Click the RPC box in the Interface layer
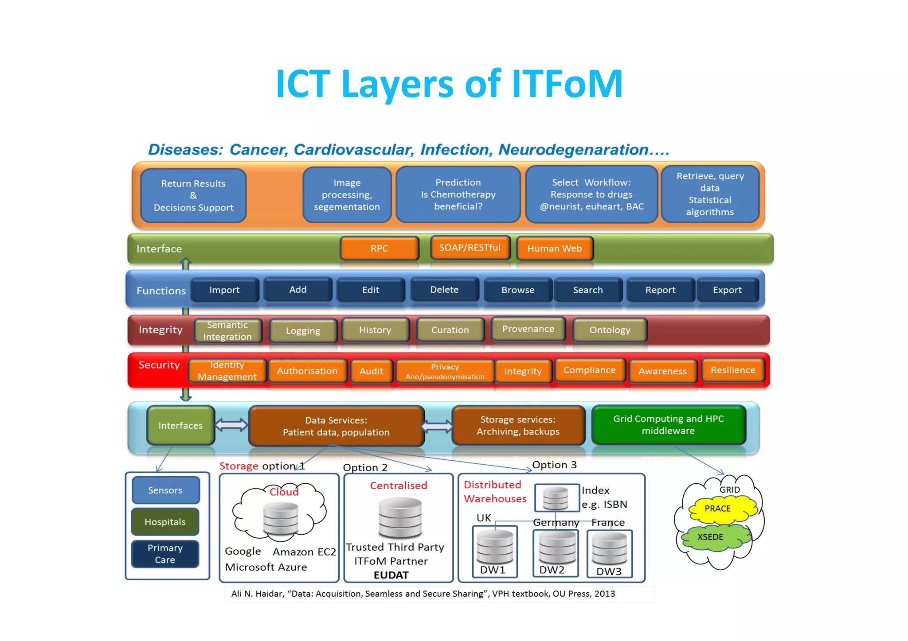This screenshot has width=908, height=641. point(380,248)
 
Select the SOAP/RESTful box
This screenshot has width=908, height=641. point(470,248)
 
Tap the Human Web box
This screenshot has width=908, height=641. point(554,249)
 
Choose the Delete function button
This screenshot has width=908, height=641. point(444,290)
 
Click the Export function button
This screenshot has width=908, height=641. point(727,290)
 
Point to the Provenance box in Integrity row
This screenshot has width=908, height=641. point(528,329)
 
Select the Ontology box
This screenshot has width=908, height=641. point(610,330)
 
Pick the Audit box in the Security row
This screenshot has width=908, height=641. point(371,371)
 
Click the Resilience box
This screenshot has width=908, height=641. point(732,370)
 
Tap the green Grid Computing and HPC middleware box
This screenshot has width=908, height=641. point(668,425)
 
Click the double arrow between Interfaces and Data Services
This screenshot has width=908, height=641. point(231,425)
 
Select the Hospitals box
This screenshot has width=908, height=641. point(165,522)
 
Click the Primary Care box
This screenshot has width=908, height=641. point(165,554)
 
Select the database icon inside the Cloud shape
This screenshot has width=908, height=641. point(281,519)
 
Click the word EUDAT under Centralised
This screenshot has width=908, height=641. point(391,575)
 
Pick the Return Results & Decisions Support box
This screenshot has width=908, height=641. point(193,195)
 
